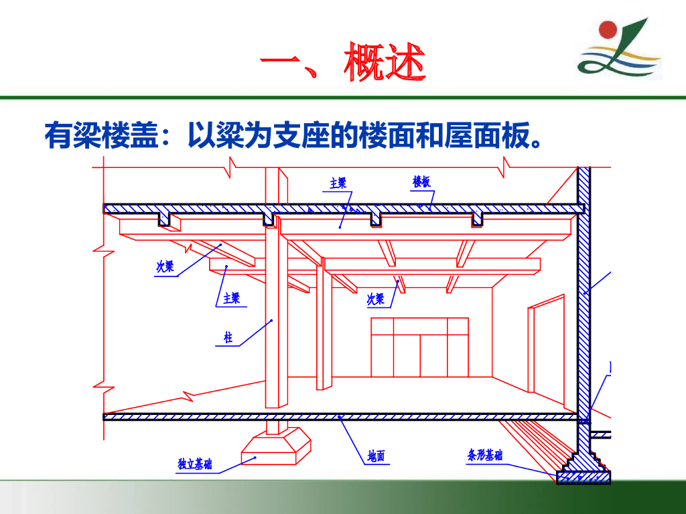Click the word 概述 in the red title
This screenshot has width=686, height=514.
tap(384, 65)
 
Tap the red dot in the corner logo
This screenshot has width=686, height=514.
tap(608, 30)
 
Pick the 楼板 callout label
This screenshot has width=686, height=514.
tap(421, 182)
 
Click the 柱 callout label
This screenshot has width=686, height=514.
tap(228, 338)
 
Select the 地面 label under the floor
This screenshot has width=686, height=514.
tap(376, 457)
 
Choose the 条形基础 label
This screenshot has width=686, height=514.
tap(485, 456)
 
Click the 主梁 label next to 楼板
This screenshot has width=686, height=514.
tap(338, 183)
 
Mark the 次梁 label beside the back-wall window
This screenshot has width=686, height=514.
tap(376, 299)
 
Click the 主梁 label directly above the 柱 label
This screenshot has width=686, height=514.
tap(232, 298)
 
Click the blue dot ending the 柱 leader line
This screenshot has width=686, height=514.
tap(272, 321)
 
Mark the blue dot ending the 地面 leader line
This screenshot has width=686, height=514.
tap(341, 418)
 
